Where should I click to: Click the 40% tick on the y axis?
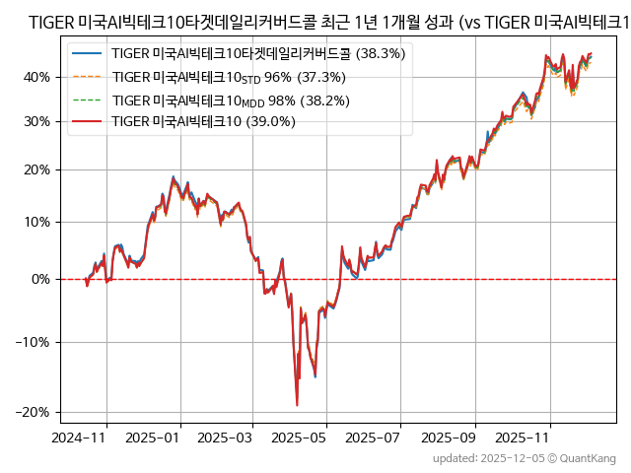coord(37,77)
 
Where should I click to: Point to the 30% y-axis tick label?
coord(37,121)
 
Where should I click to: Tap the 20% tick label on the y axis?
coord(37,169)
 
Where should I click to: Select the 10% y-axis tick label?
coord(37,222)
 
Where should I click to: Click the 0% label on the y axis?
coord(41,279)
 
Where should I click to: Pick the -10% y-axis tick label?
coord(35,342)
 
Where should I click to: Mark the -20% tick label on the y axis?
coord(35,412)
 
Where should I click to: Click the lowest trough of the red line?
coord(297,404)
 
